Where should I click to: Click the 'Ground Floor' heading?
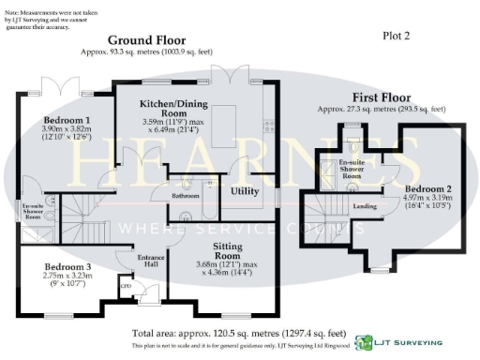(x=145, y=40)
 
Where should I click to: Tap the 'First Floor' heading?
(x=382, y=97)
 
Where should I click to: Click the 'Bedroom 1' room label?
(x=67, y=121)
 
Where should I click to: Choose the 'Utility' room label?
(x=245, y=190)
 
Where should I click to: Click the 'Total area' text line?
(x=239, y=333)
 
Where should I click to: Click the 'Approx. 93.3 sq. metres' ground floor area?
(x=145, y=52)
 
